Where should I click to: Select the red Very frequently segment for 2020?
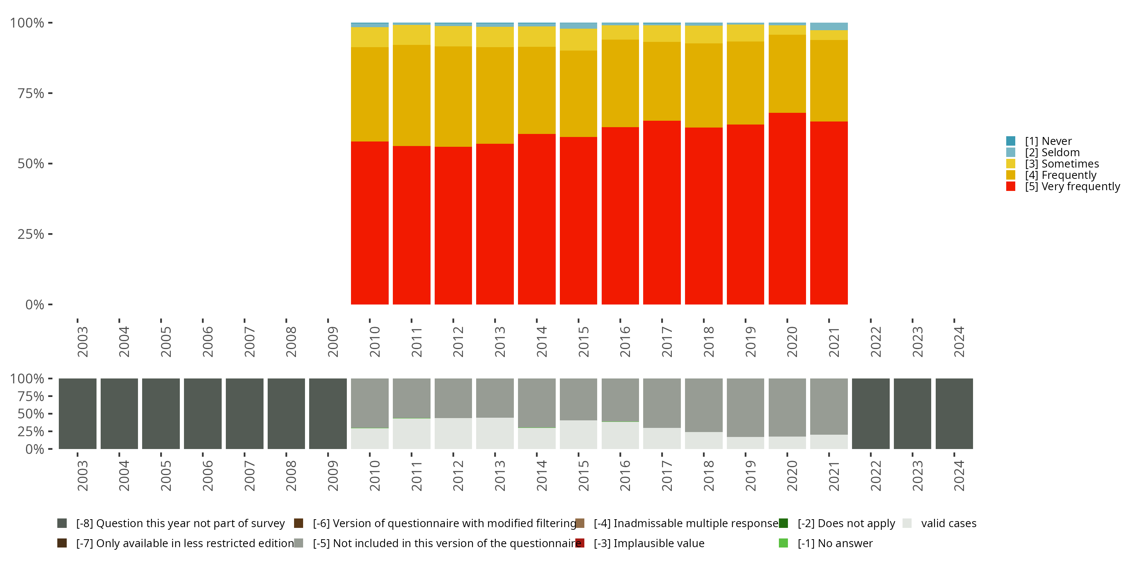click(787, 208)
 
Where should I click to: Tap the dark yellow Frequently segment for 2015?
click(578, 94)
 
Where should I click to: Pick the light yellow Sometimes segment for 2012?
click(453, 36)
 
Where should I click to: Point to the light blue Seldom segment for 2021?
click(829, 26)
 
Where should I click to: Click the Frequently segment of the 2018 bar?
click(703, 85)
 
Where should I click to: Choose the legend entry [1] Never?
click(1048, 141)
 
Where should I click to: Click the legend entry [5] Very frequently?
click(1072, 186)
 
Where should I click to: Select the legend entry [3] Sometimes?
click(1061, 164)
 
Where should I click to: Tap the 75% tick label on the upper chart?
click(31, 93)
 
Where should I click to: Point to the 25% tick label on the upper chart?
click(31, 234)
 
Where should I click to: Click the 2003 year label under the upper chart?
click(82, 341)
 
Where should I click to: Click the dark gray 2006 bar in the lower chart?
click(202, 414)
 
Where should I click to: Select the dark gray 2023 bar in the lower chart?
click(912, 414)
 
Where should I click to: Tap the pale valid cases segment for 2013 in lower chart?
click(495, 433)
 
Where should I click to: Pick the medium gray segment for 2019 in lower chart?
click(745, 408)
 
